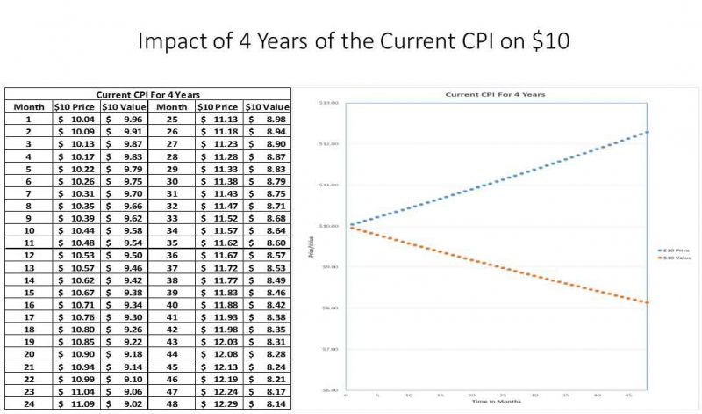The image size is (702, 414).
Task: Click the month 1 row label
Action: coord(28,119)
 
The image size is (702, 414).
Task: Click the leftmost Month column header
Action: coord(28,106)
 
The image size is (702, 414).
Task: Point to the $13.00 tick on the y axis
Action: coord(328,103)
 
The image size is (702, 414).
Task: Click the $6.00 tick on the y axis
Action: coord(328,389)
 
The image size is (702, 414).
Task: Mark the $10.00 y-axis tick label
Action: coord(328,226)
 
